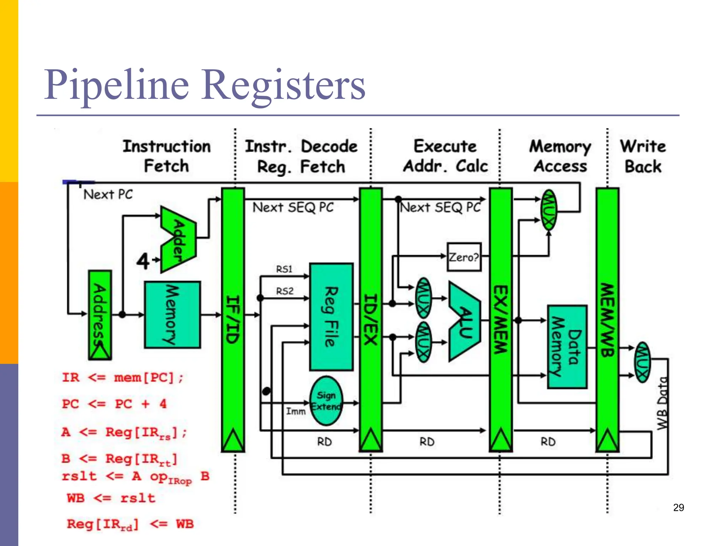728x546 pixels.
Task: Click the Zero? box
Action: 464,257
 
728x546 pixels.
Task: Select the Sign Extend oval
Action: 326,401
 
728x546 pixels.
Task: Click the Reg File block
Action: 331,316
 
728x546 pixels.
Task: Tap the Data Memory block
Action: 567,347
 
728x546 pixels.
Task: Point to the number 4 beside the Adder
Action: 143,261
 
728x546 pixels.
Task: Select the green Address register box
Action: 100,315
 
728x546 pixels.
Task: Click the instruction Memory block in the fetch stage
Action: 172,315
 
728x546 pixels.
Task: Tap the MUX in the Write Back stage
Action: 642,362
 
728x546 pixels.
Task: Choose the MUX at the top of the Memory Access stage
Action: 548,210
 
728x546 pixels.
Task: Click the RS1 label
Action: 284,269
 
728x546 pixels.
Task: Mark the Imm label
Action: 296,411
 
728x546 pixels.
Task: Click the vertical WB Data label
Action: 662,403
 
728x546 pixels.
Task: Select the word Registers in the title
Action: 283,85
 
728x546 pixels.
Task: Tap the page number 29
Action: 678,508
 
